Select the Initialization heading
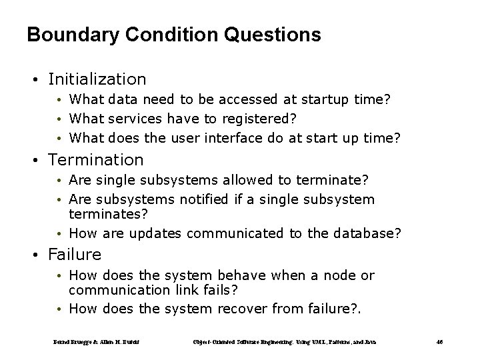click(97, 79)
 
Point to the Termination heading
click(96, 160)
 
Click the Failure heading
click(75, 255)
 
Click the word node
click(330, 275)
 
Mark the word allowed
click(259, 180)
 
